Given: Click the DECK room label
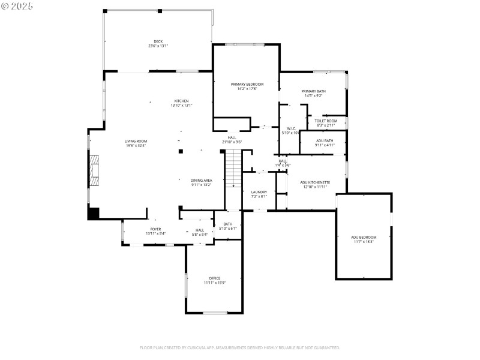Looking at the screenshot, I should coord(158,41).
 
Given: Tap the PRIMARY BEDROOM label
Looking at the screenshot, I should coord(247,84).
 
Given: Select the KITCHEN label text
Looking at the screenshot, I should coord(181,101).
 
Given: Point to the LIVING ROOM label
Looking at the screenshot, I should coord(136,141).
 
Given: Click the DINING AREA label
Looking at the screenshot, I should coord(202,180).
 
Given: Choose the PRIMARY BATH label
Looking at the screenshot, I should coord(314,91).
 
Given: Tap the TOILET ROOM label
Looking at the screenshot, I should coord(326,121).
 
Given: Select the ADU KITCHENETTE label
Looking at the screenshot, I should coord(315,182).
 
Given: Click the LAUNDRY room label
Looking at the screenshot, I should coord(259,192).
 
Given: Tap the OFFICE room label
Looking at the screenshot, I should coord(215,278).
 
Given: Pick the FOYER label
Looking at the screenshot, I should coord(155,229).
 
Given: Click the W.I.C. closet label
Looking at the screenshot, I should coord(291,128).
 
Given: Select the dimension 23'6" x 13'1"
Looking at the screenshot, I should coord(158,46).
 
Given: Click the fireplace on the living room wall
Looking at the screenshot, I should coord(94,171).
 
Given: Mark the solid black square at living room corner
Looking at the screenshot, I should coord(93,213).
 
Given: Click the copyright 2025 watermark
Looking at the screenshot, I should coord(17,5).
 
